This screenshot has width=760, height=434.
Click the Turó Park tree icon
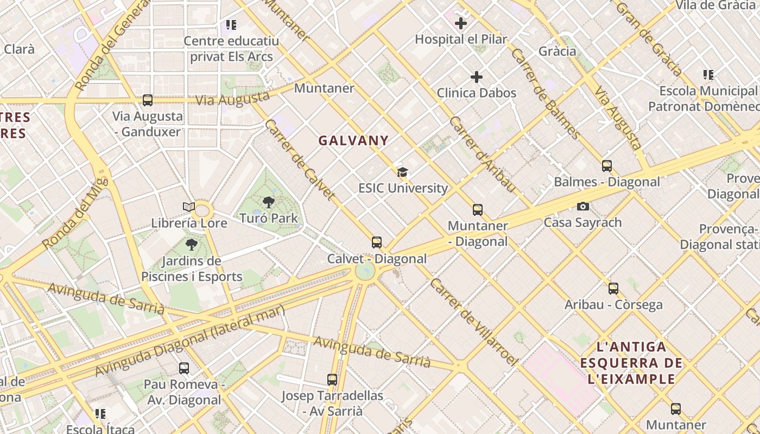(x=268, y=202)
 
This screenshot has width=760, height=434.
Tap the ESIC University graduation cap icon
(x=402, y=173)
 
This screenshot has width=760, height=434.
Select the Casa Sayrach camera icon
(x=582, y=206)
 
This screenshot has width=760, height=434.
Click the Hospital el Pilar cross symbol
(x=461, y=23)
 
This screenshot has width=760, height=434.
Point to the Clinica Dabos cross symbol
(x=476, y=77)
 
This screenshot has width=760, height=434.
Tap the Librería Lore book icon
(x=188, y=207)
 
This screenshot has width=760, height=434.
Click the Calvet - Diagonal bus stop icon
(x=377, y=242)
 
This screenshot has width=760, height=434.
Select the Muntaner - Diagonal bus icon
(x=478, y=209)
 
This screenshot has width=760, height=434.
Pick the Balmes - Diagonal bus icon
(x=607, y=165)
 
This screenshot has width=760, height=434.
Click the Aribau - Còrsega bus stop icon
(x=613, y=289)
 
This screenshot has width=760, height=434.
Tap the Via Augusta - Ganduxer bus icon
(x=147, y=100)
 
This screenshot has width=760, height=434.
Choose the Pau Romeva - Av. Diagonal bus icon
(x=184, y=368)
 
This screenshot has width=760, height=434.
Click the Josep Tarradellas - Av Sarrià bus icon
(x=332, y=380)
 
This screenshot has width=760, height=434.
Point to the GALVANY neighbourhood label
(x=353, y=141)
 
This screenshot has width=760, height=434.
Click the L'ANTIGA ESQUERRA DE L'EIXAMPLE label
(x=631, y=362)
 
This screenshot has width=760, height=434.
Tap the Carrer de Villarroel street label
(x=473, y=322)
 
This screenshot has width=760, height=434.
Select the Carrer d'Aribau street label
(x=482, y=154)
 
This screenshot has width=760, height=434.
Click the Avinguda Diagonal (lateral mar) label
(x=190, y=341)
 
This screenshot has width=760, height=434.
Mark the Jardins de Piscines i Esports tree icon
(x=191, y=245)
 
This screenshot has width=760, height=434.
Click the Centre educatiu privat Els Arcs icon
(x=231, y=25)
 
